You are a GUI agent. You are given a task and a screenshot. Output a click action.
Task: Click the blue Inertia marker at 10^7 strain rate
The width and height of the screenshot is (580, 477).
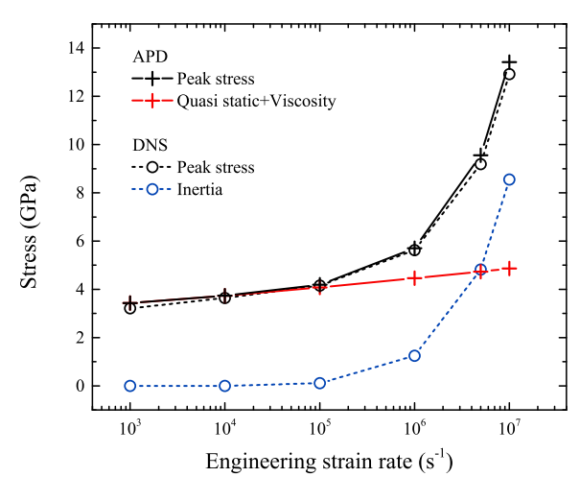(x=509, y=179)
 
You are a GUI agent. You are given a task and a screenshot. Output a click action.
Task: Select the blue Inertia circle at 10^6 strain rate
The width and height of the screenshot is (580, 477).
(x=414, y=355)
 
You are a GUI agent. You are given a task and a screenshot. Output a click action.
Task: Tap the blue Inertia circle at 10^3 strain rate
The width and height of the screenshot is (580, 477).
(x=129, y=386)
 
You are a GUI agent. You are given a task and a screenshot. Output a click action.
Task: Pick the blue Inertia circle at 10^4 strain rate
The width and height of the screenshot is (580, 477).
(x=224, y=386)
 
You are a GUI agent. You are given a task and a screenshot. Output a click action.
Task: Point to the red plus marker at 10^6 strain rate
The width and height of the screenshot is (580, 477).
(x=414, y=277)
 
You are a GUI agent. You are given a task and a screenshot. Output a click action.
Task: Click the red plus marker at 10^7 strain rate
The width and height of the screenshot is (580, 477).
(x=509, y=269)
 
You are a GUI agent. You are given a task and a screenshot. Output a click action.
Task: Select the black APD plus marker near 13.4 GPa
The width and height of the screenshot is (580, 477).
(x=509, y=62)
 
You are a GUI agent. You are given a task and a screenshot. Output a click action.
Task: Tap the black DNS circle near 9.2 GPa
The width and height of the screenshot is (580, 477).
(x=480, y=164)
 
